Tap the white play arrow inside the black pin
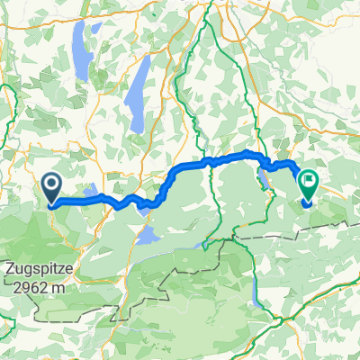click(49, 185)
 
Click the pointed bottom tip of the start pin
click(49, 206)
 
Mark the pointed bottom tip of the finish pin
click(308, 204)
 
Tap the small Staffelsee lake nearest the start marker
click(94, 192)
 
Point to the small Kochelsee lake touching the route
click(144, 205)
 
